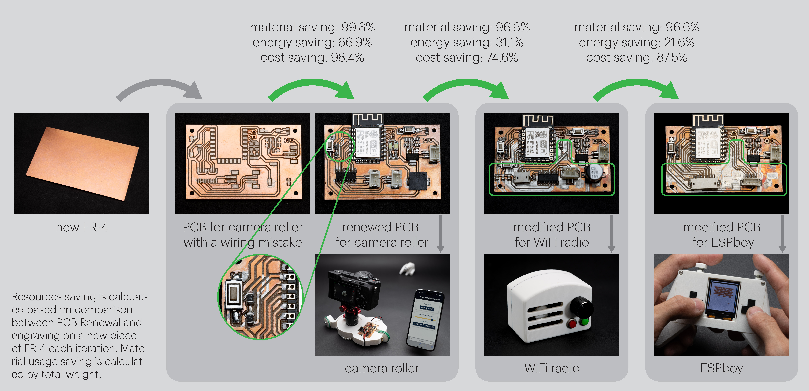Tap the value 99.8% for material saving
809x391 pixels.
pyautogui.click(x=358, y=27)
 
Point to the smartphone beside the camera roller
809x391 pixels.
pyautogui.click(x=425, y=319)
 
